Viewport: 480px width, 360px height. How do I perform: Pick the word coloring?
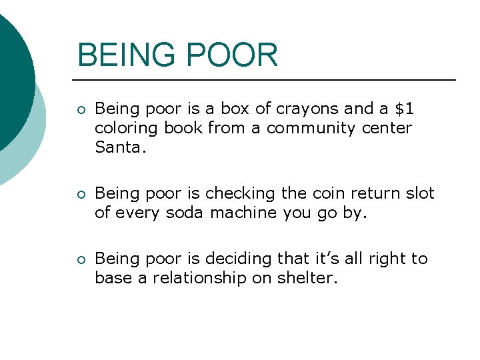click(123, 127)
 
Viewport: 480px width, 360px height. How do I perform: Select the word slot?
click(419, 193)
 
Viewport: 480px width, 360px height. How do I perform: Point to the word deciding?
click(233, 259)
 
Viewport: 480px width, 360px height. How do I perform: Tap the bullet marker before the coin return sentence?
click(81, 195)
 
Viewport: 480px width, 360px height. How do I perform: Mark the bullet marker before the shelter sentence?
click(81, 260)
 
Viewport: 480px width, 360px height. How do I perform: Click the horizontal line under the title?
click(267, 80)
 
